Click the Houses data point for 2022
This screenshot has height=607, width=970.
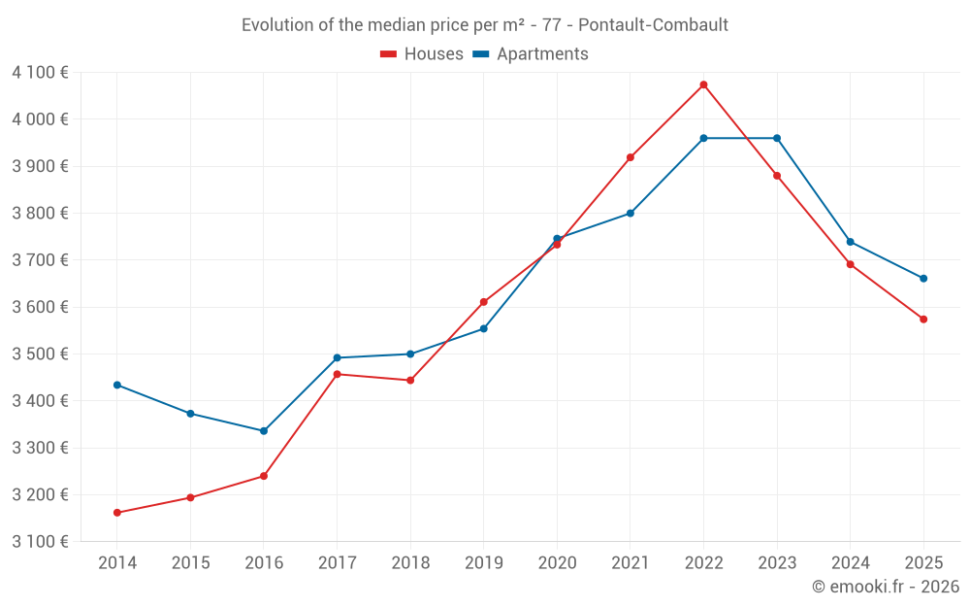tap(703, 84)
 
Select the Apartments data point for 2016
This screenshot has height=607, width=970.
tap(264, 431)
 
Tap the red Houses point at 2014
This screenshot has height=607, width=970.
tap(117, 513)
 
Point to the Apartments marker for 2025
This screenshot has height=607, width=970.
tap(923, 279)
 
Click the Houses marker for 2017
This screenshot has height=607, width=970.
tap(337, 374)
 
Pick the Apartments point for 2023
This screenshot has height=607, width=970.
tap(777, 138)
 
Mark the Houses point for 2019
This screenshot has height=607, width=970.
tap(484, 302)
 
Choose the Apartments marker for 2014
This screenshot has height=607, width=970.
tap(117, 385)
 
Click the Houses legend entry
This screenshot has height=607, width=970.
tap(422, 54)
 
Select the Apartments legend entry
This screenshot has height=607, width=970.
tap(531, 54)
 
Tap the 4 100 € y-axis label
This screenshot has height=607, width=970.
tap(40, 72)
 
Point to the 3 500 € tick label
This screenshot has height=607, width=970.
tap(40, 354)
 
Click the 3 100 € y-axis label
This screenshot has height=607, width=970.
tap(40, 541)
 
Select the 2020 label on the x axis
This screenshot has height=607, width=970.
tap(557, 563)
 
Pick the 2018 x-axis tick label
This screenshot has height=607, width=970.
tap(410, 563)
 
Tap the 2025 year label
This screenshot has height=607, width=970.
tap(923, 563)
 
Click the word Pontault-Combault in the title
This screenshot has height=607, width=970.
tap(653, 25)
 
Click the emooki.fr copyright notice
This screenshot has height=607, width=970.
tap(885, 587)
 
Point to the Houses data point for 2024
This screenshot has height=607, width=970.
tap(851, 264)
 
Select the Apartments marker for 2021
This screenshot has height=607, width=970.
tap(630, 214)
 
